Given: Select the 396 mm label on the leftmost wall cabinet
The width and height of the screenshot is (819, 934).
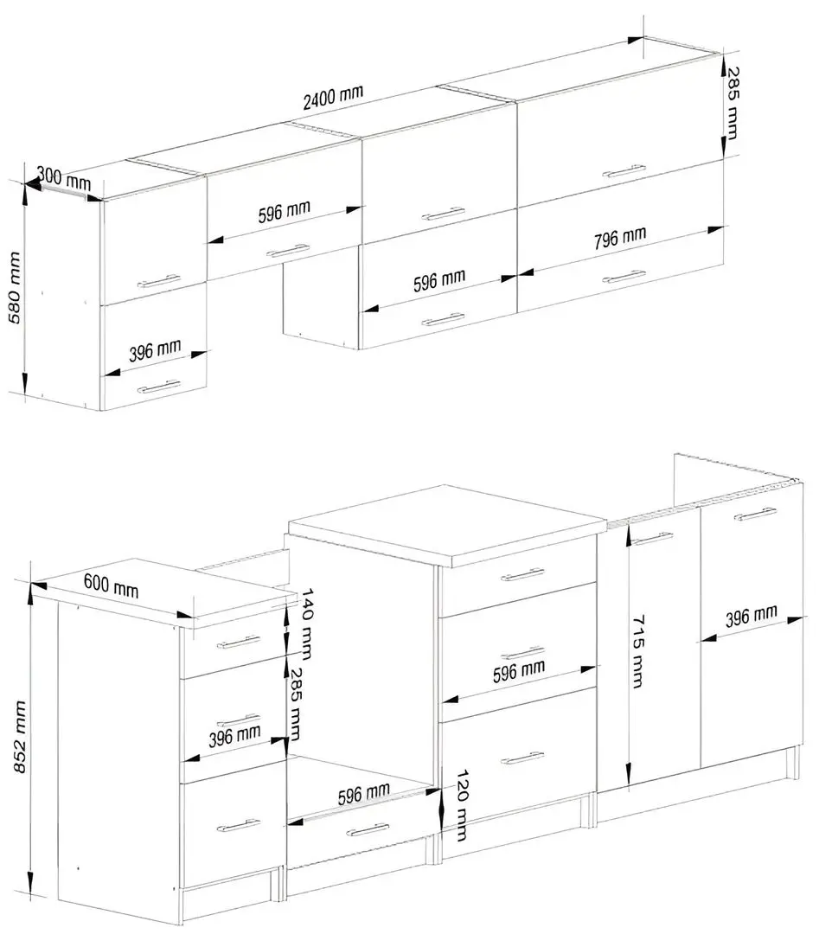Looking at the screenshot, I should coord(155,351).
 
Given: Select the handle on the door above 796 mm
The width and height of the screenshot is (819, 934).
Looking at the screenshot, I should coord(624,171).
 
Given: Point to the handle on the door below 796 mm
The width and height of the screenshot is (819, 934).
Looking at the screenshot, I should coord(624,277).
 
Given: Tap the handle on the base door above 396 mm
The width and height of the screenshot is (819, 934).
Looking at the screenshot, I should coord(755,515).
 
